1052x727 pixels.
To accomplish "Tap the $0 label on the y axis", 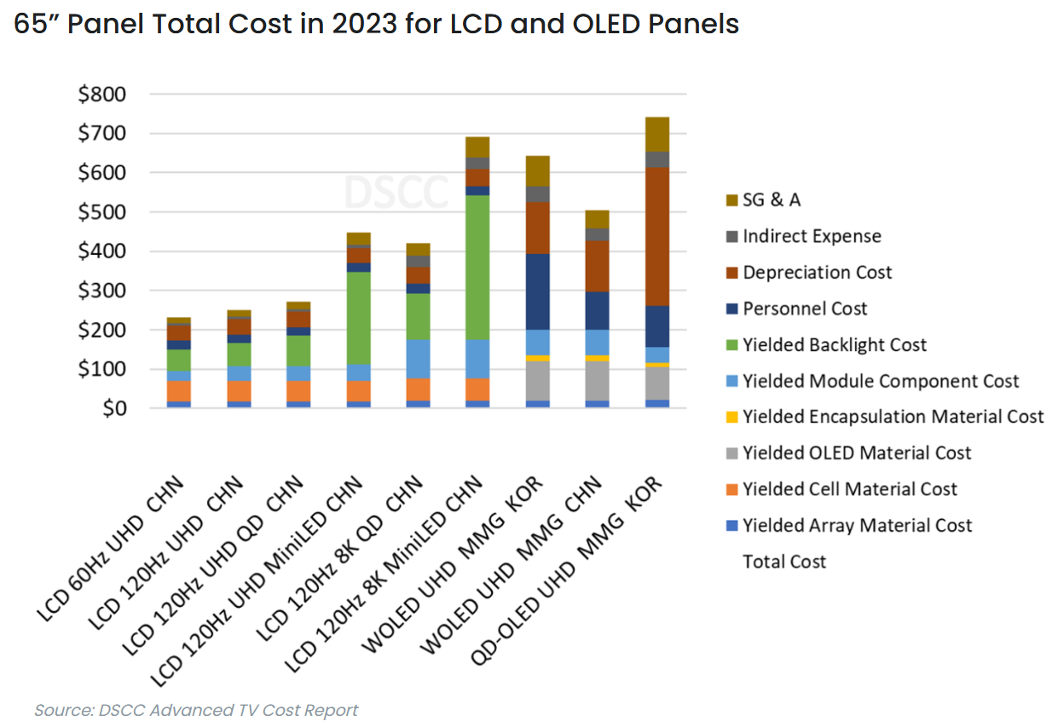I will click(113, 409).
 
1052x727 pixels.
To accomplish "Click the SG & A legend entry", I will click(772, 200).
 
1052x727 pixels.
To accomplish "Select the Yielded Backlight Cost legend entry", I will click(834, 345).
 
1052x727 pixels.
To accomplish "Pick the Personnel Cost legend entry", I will click(805, 309).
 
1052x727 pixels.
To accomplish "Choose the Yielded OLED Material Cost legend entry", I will click(856, 453).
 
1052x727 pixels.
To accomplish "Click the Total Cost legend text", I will click(784, 562).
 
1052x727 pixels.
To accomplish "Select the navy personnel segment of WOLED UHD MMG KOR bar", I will click(537, 291).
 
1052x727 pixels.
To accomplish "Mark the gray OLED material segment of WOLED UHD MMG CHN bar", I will click(597, 380).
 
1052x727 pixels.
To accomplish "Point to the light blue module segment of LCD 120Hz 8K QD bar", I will click(418, 358).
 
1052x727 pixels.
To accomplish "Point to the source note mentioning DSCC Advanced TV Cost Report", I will click(196, 710).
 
